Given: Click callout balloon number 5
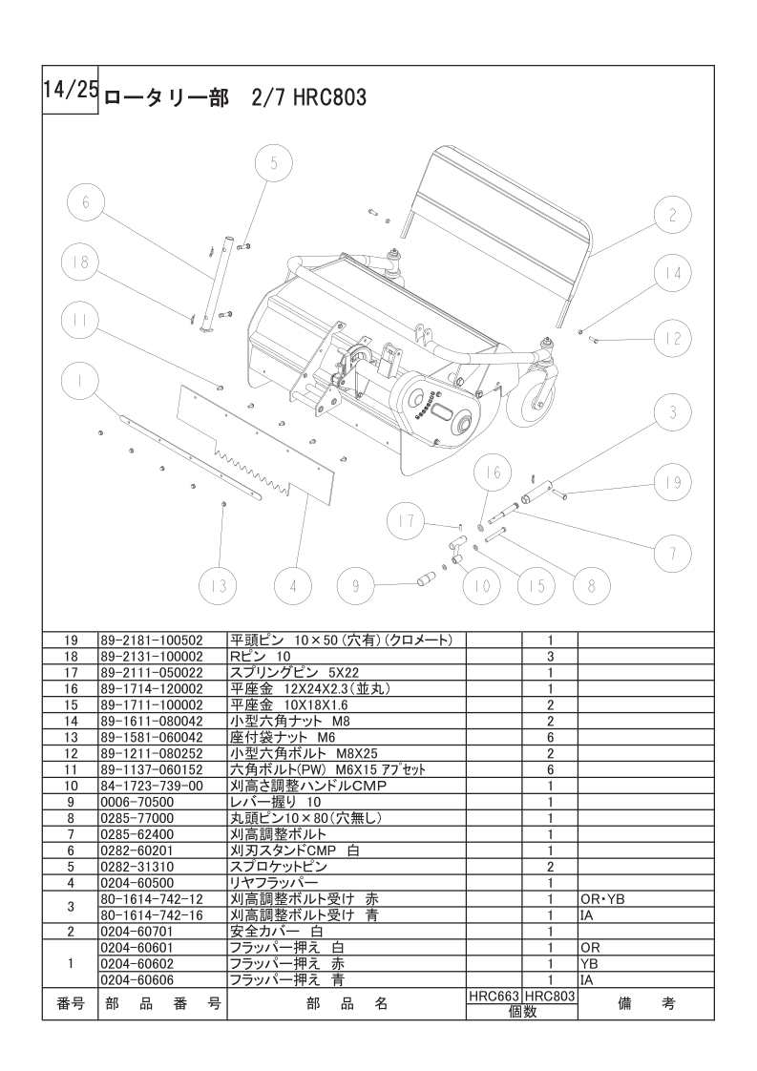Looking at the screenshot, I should [273, 163].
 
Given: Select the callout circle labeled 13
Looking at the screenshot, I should [221, 584].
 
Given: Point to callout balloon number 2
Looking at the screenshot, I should [672, 215].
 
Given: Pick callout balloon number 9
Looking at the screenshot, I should [355, 584].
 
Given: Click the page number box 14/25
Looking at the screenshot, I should [70, 90].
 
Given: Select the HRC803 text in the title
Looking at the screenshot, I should [330, 97].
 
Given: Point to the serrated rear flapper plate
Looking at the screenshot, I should [258, 439].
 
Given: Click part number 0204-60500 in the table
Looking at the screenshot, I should [137, 883].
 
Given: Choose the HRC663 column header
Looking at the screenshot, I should [494, 995].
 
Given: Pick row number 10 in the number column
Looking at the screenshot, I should [71, 785].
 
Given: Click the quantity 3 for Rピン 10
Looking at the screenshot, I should [551, 656].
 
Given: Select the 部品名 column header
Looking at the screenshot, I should [347, 1003].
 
